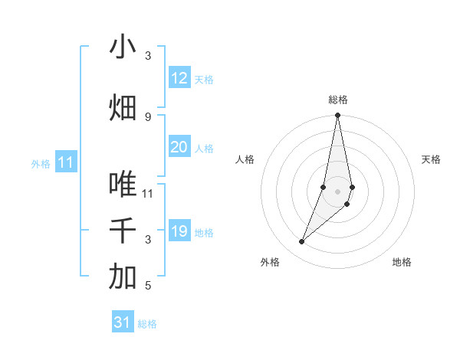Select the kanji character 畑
(123, 107)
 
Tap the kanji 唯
(123, 185)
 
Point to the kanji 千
(123, 231)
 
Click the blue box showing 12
(179, 78)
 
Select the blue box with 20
(179, 148)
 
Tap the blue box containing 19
(179, 232)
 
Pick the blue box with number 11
(65, 162)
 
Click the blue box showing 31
(123, 322)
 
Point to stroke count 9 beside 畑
(148, 116)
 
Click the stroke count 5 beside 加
(148, 286)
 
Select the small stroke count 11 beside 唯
(148, 193)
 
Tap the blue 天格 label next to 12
(204, 80)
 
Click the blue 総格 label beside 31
(147, 324)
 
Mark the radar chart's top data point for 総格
(337, 116)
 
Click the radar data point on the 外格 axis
(302, 242)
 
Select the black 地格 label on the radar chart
(402, 263)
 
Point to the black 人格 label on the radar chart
(245, 159)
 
